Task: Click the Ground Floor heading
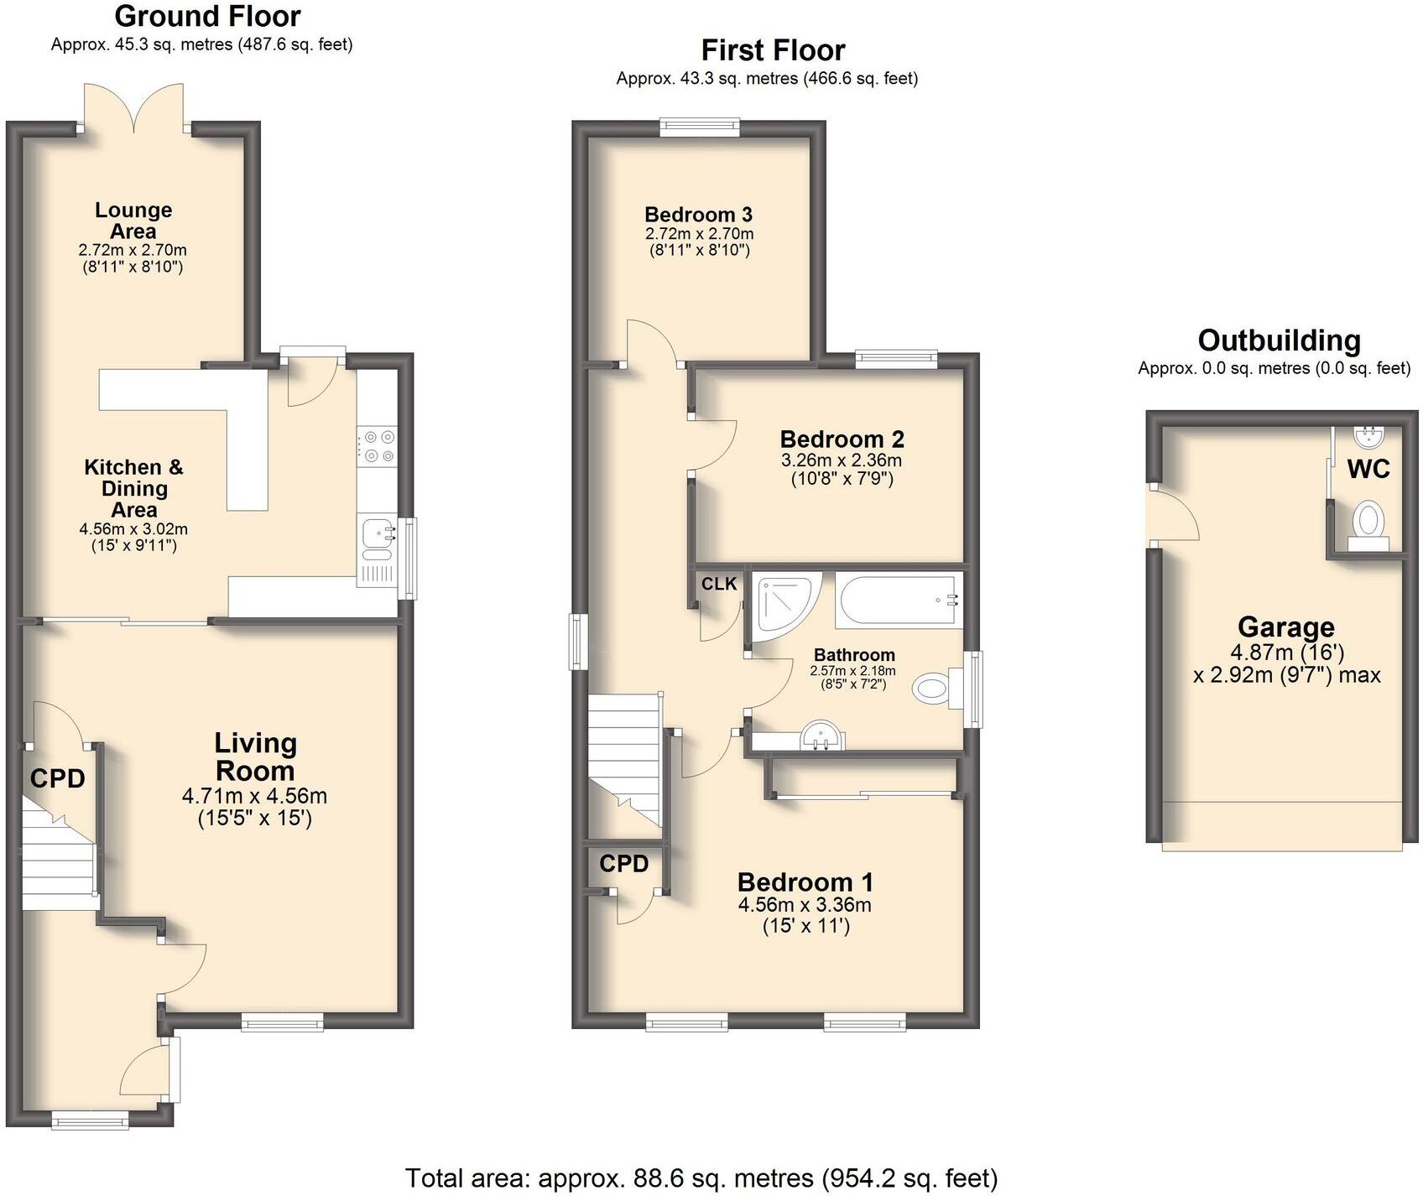(207, 16)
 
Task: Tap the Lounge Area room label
(133, 221)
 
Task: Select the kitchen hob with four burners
(377, 445)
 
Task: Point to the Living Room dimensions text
(254, 807)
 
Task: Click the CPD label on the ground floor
(57, 779)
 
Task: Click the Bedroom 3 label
(698, 215)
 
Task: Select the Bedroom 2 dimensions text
(842, 470)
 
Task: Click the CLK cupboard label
(719, 584)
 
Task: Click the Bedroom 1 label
(805, 882)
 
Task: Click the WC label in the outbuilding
(1368, 469)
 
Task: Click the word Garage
(1285, 627)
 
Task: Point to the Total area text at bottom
(701, 1178)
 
